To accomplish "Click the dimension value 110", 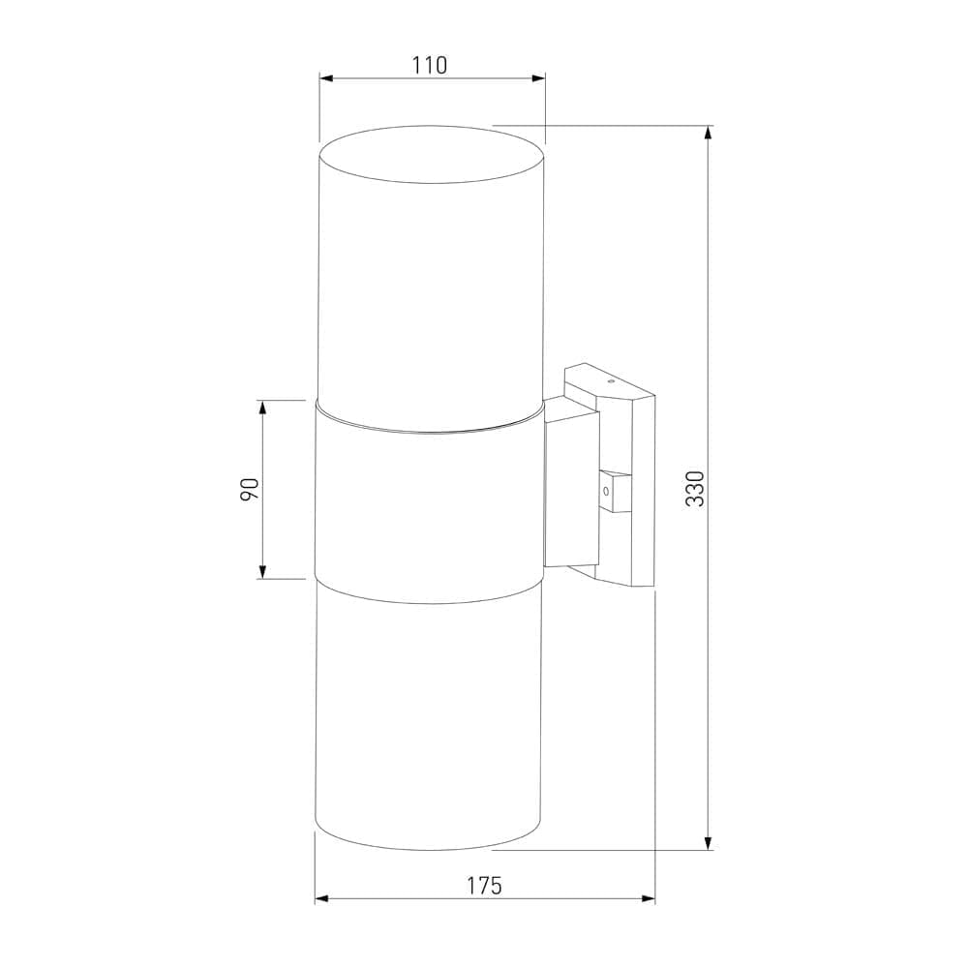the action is tap(431, 65).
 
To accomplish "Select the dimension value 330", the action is tap(695, 488).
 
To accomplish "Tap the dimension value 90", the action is tap(250, 489).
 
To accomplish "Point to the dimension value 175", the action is tap(485, 886).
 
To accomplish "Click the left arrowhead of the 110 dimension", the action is tap(326, 78).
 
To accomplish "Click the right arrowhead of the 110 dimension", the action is tap(538, 78).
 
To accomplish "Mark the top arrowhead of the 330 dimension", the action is tap(709, 133).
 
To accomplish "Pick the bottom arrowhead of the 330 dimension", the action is tap(709, 843).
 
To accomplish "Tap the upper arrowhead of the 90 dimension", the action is tap(263, 408).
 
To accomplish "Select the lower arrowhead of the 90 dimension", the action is tap(263, 572).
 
